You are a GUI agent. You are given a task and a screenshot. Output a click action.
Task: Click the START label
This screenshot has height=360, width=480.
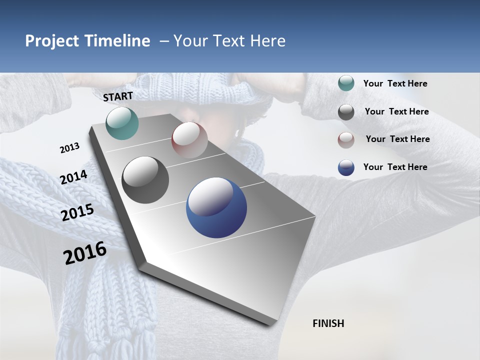point(118,96)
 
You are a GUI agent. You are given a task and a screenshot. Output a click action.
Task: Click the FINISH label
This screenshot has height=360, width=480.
point(328,323)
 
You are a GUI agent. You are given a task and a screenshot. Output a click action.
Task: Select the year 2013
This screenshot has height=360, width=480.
point(70,147)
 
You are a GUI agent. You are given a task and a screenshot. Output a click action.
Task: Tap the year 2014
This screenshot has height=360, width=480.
point(74,177)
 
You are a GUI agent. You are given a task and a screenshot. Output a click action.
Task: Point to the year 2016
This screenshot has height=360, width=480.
point(85,253)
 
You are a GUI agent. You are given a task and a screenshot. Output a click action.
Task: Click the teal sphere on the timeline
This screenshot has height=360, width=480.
point(122,123)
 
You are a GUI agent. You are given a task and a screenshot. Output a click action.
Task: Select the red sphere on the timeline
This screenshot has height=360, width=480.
point(189,139)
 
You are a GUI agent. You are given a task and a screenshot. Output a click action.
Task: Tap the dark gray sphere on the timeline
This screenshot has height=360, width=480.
point(145,180)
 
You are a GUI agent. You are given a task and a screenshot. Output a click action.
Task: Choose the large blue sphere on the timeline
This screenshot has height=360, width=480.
point(216,208)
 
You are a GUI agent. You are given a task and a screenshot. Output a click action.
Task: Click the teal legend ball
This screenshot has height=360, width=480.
point(346,83)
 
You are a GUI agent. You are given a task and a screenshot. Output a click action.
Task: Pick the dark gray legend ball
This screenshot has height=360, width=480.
point(346,112)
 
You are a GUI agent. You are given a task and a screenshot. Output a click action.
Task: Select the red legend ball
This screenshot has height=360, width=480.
point(346,139)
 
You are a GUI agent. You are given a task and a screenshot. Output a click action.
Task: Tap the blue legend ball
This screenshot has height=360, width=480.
point(346,167)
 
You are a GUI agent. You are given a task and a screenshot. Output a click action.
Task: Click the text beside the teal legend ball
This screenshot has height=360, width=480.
point(395,83)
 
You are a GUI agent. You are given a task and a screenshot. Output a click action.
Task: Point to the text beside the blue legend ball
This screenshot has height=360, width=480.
point(395,167)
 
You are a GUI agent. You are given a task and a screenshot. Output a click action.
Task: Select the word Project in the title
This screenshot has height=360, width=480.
point(52,41)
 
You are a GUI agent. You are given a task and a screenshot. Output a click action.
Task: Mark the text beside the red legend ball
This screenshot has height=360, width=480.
point(397,139)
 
